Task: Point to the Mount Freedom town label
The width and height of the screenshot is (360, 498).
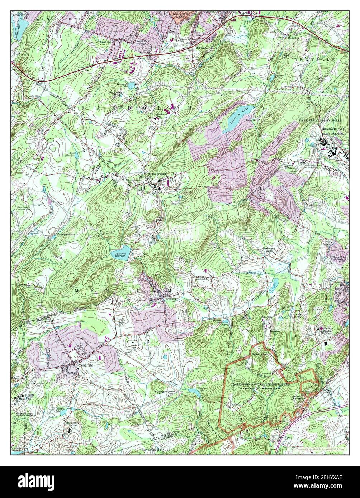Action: tap(157, 174)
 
